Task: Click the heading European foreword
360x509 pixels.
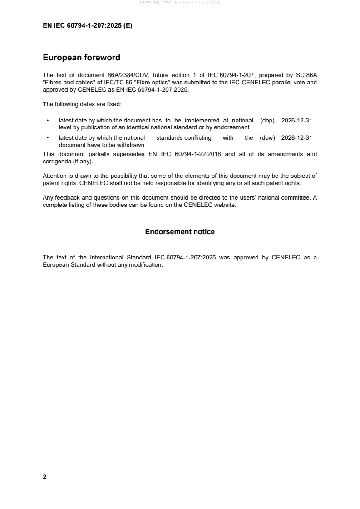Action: pyautogui.click(x=81, y=58)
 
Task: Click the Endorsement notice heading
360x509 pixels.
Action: pyautogui.click(x=180, y=232)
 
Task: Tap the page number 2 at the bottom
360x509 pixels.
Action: pyautogui.click(x=44, y=477)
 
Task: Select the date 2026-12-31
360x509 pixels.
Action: pyautogui.click(x=297, y=121)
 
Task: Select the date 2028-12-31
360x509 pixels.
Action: pyautogui.click(x=297, y=138)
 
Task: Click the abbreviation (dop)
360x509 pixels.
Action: pyautogui.click(x=268, y=121)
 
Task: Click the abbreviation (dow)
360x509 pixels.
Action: pyautogui.click(x=267, y=138)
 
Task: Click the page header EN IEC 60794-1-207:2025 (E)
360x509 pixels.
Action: pyautogui.click(x=88, y=26)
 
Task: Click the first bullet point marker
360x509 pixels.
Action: pyautogui.click(x=48, y=121)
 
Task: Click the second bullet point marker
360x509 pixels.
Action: pyautogui.click(x=48, y=138)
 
